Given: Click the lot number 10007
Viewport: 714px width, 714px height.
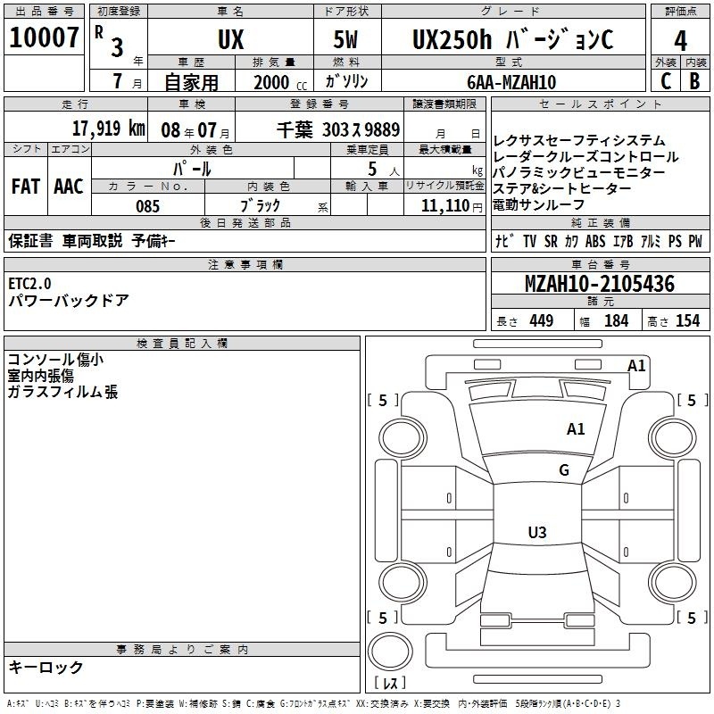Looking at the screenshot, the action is point(44,37).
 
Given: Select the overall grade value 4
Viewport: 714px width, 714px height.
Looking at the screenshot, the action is point(680,41).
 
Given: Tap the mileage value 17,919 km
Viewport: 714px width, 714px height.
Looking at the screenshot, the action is point(109,129).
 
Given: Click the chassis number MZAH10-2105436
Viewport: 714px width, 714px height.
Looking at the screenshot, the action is point(600,284).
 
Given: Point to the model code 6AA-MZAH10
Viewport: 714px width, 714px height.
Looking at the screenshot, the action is point(511,82).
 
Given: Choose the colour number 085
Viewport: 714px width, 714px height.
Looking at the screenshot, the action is point(147,206).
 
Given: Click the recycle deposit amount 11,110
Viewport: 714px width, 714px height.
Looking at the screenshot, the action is point(444,206).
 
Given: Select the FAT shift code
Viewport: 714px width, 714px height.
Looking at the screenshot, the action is point(26,187).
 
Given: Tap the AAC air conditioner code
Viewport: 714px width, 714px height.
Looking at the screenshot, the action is point(69,187).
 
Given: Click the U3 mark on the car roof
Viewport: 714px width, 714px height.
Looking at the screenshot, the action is point(537,532).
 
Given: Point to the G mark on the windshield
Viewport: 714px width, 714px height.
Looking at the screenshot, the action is point(564,470).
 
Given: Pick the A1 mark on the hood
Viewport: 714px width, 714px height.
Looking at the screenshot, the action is point(576,429).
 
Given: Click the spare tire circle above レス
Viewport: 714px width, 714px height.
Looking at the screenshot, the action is point(390,652).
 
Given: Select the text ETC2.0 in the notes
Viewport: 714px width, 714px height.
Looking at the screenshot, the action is point(29,284).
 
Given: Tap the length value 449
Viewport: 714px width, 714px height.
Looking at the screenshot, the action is point(542,320).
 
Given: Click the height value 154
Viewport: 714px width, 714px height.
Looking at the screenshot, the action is point(687,320).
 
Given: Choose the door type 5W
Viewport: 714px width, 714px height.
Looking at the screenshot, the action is point(345,39).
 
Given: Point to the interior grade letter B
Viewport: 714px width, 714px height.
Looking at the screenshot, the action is point(694,81).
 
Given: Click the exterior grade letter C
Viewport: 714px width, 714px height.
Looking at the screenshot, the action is point(666,81).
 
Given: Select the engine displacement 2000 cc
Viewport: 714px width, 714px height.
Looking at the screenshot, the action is point(280,82).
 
